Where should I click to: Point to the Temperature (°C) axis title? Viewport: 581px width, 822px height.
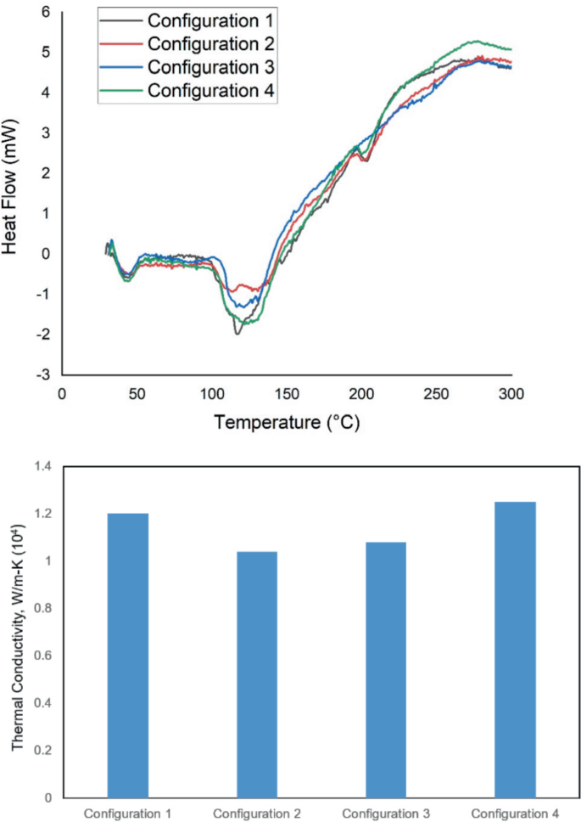287,421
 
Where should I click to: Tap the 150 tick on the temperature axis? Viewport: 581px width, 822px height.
286,394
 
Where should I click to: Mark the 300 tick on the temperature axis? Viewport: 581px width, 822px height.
511,394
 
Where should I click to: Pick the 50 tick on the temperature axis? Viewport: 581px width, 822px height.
136,394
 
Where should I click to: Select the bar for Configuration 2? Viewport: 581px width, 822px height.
258,674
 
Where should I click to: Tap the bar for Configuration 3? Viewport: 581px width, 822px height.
387,670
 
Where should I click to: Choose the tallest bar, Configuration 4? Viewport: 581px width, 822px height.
516,650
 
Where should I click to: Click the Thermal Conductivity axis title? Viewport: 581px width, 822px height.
18,632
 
